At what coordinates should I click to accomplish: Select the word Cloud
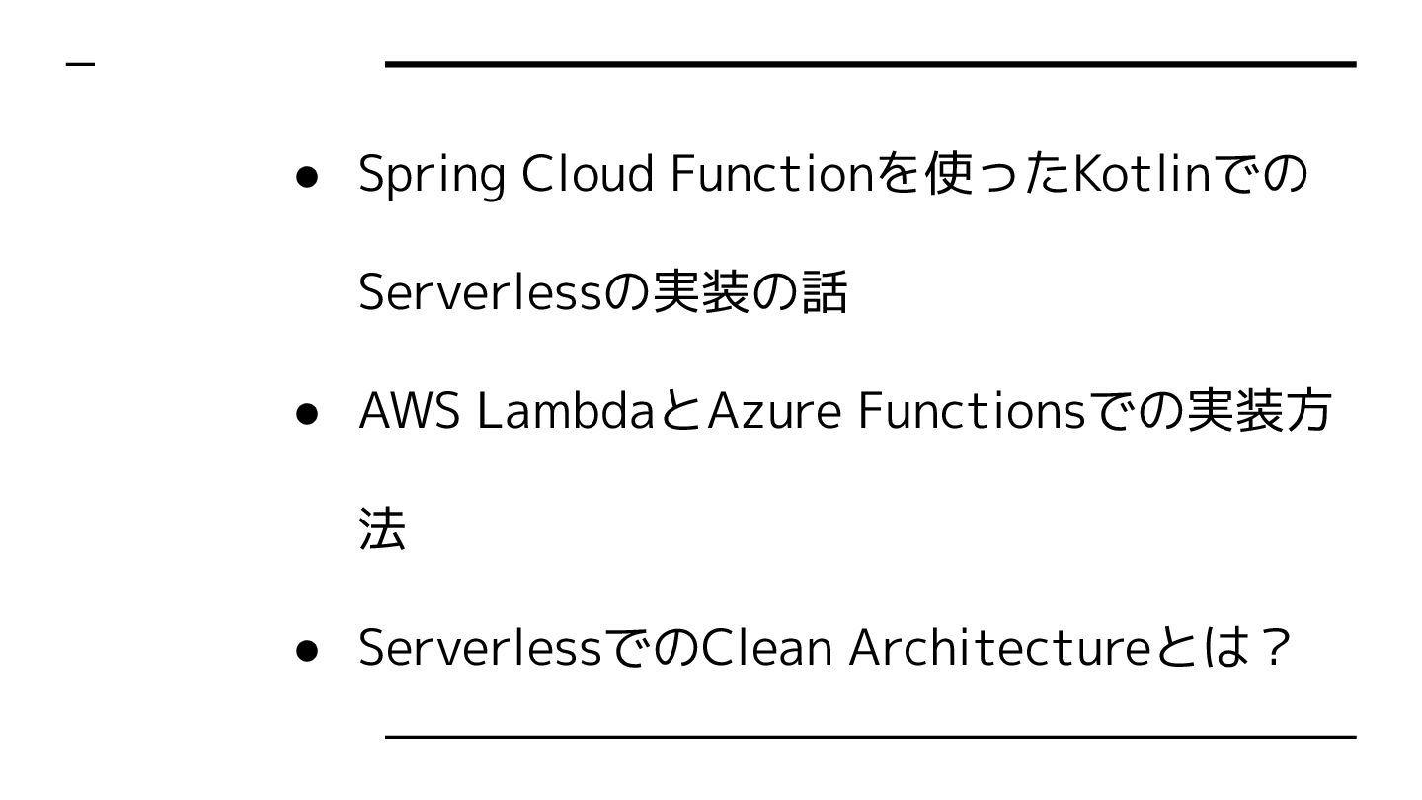587,174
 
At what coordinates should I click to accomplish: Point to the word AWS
409,411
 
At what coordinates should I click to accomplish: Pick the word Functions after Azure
972,411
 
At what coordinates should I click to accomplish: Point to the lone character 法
382,529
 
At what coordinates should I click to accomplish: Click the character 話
824,292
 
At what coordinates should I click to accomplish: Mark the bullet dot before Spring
306,177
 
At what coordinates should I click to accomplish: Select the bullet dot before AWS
306,414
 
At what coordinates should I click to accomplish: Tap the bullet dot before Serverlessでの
306,651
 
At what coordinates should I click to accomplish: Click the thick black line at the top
870,64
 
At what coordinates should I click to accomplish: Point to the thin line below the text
870,737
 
